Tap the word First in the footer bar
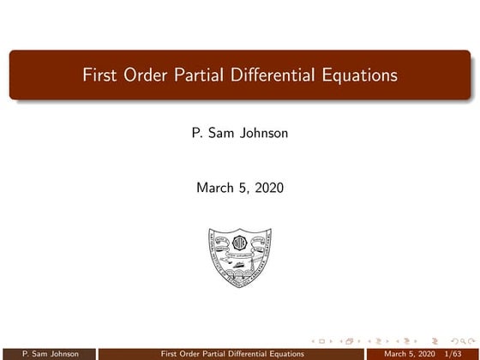point(171,353)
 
